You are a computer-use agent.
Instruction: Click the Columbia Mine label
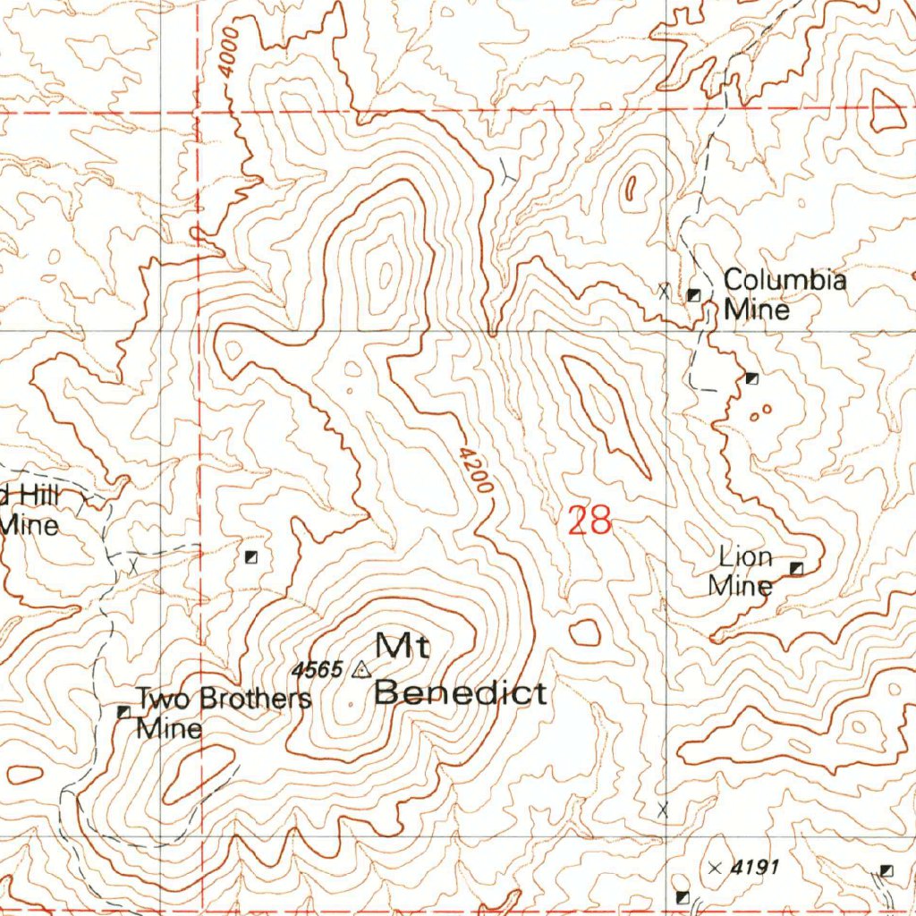(x=784, y=294)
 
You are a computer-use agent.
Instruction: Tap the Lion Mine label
(x=742, y=572)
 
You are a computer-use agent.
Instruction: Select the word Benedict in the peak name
(x=461, y=692)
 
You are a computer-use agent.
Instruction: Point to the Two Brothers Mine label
(x=223, y=712)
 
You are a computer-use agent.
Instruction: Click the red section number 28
(x=589, y=520)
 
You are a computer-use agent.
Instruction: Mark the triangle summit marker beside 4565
(x=361, y=669)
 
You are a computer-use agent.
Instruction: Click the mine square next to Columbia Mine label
(x=694, y=295)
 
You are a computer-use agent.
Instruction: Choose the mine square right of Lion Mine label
(x=796, y=568)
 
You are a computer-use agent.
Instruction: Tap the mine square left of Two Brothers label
(x=124, y=711)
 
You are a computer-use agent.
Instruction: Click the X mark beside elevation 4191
(x=714, y=868)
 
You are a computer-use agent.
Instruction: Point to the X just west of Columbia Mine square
(x=663, y=289)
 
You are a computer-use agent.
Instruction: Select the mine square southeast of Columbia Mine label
(x=751, y=378)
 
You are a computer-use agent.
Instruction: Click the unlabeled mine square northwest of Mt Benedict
(x=251, y=557)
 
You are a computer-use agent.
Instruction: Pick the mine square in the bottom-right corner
(x=886, y=870)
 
